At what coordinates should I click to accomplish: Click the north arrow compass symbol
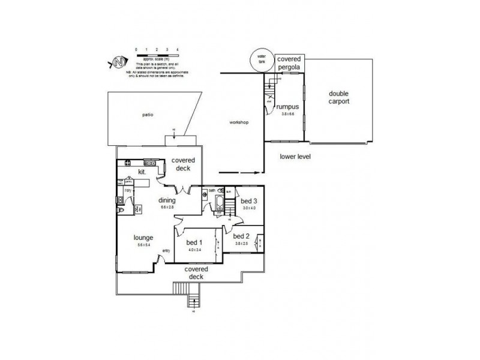tap(120, 62)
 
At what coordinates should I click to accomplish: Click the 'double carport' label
tap(339, 97)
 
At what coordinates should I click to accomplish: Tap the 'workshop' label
tap(239, 122)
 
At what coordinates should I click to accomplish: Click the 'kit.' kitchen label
tap(142, 172)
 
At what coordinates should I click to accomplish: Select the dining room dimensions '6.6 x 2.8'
tap(167, 207)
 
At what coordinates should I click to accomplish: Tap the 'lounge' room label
tap(143, 237)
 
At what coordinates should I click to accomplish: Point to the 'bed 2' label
tap(241, 236)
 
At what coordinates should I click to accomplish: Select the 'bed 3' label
tap(248, 202)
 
